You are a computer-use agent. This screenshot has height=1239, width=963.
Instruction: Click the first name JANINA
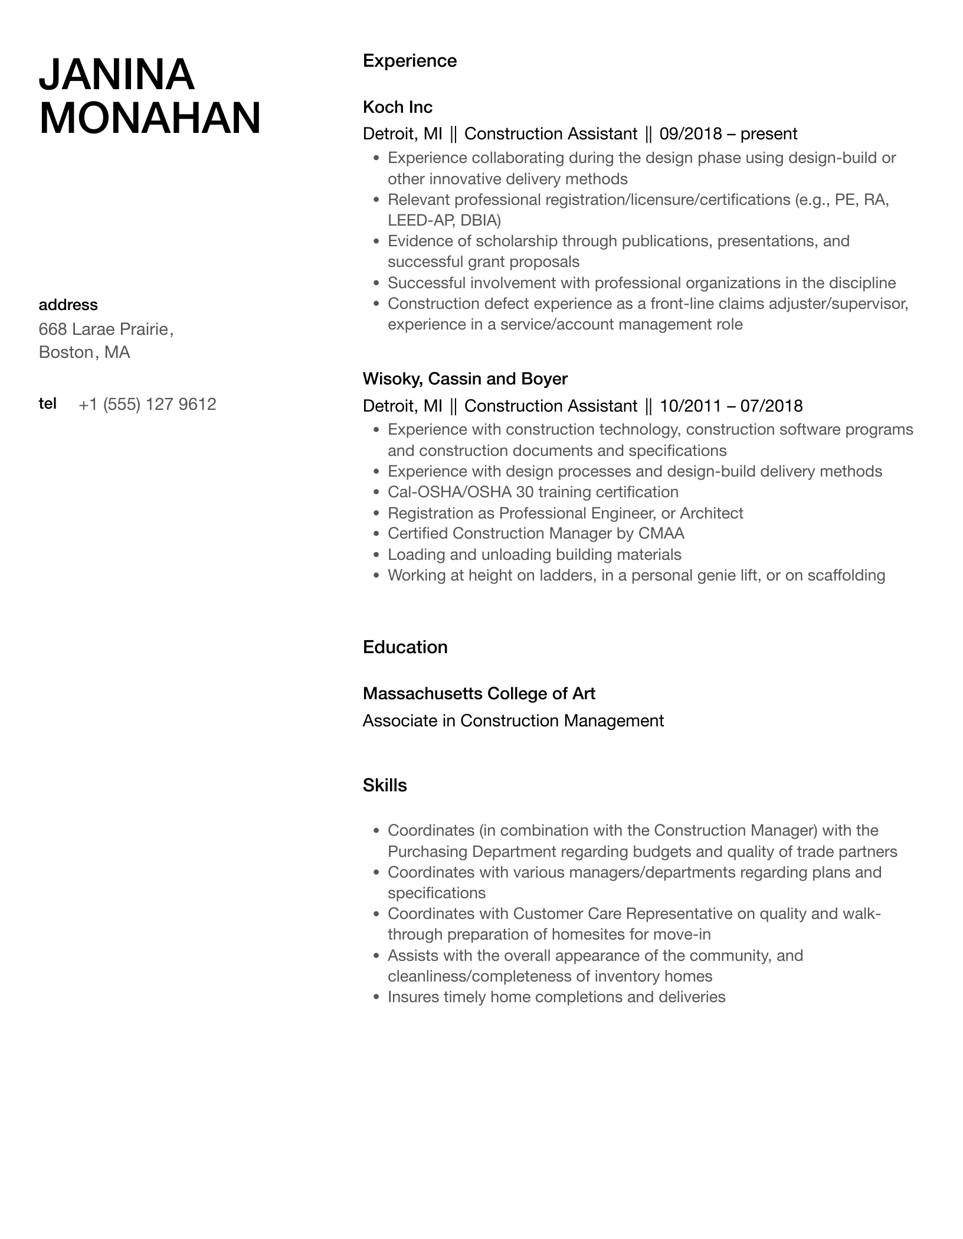pos(116,74)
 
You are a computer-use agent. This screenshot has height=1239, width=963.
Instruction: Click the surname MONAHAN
pos(150,118)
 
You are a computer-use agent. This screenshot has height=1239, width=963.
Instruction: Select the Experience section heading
pos(410,61)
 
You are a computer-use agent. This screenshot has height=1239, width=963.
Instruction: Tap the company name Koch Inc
pos(397,107)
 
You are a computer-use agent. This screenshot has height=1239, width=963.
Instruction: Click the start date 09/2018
pos(690,134)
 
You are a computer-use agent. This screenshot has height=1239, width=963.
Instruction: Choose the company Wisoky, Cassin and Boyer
pos(465,379)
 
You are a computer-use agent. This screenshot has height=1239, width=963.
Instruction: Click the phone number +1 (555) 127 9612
pos(148,405)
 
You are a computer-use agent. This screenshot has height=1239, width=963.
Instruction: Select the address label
pos(68,305)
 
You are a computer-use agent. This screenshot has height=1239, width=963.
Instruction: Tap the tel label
pos(47,403)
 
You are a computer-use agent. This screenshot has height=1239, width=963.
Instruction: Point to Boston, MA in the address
pos(84,353)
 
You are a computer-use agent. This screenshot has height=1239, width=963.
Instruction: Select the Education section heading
pos(405,647)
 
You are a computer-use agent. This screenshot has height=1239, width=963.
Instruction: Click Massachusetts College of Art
pos(479,693)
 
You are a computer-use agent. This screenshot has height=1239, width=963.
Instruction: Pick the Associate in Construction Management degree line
pos(513,720)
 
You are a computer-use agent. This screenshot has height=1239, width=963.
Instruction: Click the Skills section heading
pos(385,785)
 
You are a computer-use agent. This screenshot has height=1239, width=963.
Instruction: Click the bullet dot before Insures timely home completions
pos(376,997)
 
